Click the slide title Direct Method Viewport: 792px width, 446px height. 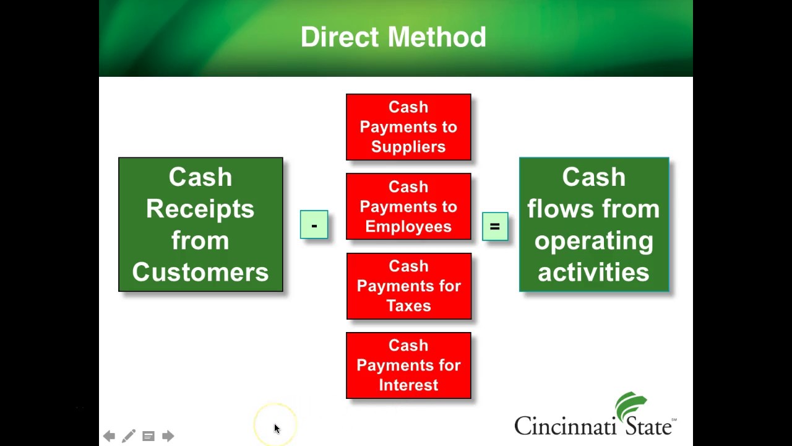pyautogui.click(x=394, y=37)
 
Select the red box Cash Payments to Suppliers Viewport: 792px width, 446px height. pyautogui.click(x=408, y=127)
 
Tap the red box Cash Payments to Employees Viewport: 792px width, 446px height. pyautogui.click(x=408, y=206)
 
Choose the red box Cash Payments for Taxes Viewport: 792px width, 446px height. pyautogui.click(x=408, y=286)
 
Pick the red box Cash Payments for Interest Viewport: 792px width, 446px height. pyautogui.click(x=408, y=365)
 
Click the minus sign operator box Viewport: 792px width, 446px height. pyautogui.click(x=314, y=225)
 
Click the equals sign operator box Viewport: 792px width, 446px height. pyautogui.click(x=494, y=226)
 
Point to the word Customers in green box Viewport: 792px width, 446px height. pyautogui.click(x=200, y=273)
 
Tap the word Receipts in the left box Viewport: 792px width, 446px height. pyautogui.click(x=200, y=209)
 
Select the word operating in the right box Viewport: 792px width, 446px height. pyautogui.click(x=593, y=241)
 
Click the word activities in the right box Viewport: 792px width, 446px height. pyautogui.click(x=593, y=273)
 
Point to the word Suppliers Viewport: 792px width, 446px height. pyautogui.click(x=408, y=147)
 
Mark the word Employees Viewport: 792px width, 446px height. pyautogui.click(x=408, y=227)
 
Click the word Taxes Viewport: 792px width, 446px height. pyautogui.click(x=408, y=306)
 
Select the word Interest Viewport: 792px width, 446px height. pyautogui.click(x=408, y=385)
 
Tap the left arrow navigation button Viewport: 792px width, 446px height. pyautogui.click(x=109, y=436)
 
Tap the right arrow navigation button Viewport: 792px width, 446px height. pyautogui.click(x=168, y=436)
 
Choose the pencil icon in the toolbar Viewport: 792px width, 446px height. pyautogui.click(x=128, y=436)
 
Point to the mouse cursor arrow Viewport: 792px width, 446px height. pyautogui.click(x=277, y=428)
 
